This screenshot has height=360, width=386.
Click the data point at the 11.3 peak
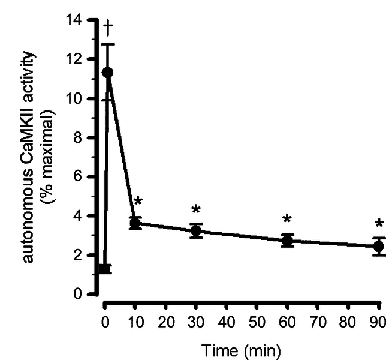[x=108, y=73]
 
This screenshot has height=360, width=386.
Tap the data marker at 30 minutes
[x=196, y=230]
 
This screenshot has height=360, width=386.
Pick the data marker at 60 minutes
[x=288, y=241]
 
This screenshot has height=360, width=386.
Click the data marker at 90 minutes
[x=378, y=247]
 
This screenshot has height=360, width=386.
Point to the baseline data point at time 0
[x=104, y=269]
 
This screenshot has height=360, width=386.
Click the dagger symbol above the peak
[x=108, y=27]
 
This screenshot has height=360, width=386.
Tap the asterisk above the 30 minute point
[x=195, y=210]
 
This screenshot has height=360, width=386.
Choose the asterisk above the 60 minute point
[x=288, y=220]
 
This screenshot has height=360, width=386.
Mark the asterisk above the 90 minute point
[x=378, y=225]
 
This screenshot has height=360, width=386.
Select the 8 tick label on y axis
[x=77, y=137]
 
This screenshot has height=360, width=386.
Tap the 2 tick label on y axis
[x=77, y=255]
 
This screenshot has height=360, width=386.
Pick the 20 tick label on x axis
[x=165, y=323]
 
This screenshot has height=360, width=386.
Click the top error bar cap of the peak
[x=108, y=44]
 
